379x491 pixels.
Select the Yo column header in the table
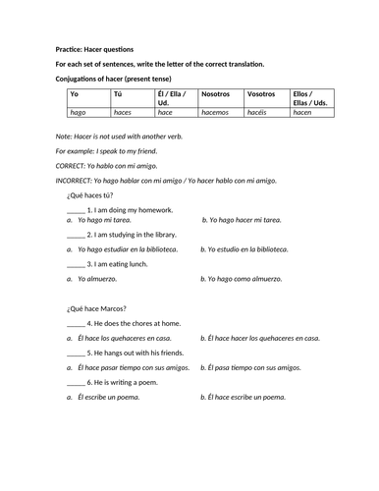tap(74, 94)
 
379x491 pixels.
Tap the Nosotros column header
tap(216, 94)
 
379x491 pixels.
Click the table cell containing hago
tap(78, 113)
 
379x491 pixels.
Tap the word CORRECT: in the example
tap(74, 166)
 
